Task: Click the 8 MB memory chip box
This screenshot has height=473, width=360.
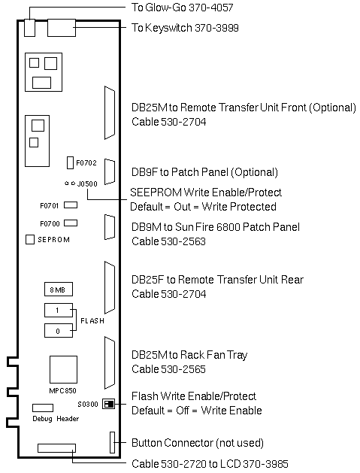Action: [x=59, y=290]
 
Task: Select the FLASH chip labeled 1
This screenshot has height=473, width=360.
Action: [x=59, y=310]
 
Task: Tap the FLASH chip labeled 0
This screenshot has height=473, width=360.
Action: [x=59, y=331]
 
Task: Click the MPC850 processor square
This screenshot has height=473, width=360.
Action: [x=63, y=369]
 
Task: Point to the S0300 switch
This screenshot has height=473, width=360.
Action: [x=108, y=404]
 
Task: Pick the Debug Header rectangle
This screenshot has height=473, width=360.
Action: [x=43, y=408]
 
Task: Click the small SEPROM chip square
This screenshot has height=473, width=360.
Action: [x=30, y=240]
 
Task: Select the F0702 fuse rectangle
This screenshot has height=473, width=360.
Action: [x=70, y=163]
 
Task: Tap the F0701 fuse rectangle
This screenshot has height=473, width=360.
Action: [x=71, y=205]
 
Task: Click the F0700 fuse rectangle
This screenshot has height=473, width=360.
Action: [x=71, y=223]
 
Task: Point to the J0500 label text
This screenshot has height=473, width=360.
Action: [x=87, y=183]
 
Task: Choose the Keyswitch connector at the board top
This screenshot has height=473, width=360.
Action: [x=62, y=28]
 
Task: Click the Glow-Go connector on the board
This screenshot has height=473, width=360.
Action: [x=29, y=28]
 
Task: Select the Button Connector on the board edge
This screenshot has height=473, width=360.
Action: [x=112, y=442]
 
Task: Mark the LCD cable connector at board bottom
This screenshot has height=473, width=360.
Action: [x=56, y=448]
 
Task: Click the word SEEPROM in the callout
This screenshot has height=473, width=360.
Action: [x=156, y=193]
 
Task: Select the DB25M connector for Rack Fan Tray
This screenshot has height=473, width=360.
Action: [x=110, y=362]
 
